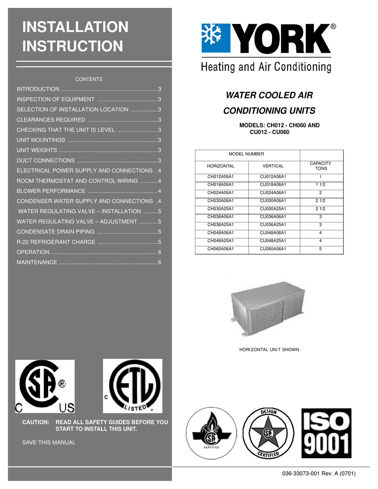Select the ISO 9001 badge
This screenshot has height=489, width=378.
(x=326, y=433)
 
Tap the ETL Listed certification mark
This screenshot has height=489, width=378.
(x=132, y=386)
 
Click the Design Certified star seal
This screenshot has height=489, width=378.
(x=268, y=433)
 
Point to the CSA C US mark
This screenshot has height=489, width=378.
(x=45, y=386)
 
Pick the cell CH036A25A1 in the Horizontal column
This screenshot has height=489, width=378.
(x=221, y=225)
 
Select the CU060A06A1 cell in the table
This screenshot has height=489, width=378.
(x=273, y=249)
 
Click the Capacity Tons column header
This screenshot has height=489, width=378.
(x=320, y=166)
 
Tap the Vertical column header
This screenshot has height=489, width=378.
(x=273, y=166)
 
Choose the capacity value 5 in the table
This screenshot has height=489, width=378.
(x=320, y=249)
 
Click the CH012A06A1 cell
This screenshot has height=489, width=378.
(x=221, y=177)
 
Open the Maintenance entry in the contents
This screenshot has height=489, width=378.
(x=37, y=262)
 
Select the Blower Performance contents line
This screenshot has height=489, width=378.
(x=51, y=191)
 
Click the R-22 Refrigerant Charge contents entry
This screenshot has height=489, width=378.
(x=56, y=242)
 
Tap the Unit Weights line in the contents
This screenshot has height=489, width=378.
(x=37, y=150)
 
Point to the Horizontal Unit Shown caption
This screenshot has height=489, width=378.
(x=269, y=350)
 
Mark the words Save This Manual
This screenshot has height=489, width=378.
(x=49, y=442)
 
